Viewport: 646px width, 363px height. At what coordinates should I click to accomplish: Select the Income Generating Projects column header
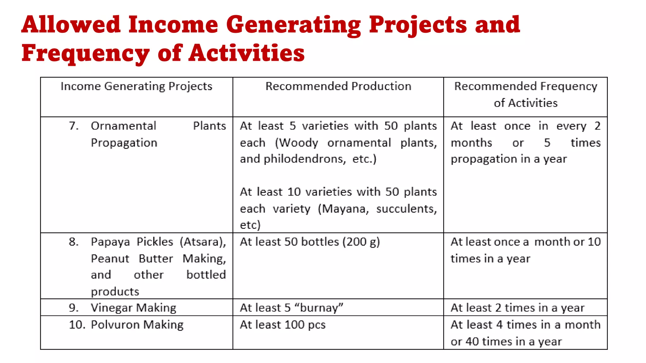point(136,86)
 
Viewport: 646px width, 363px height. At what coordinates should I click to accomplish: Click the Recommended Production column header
point(338,86)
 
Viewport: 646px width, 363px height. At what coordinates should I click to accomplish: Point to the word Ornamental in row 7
point(123,126)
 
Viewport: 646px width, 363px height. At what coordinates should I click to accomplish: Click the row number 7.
point(73,126)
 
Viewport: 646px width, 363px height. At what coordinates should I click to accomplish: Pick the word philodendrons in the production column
point(303,159)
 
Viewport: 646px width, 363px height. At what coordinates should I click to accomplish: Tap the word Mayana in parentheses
point(343,209)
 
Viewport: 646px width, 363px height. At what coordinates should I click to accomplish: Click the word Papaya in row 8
point(110,242)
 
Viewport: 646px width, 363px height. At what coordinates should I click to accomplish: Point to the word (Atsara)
point(203,242)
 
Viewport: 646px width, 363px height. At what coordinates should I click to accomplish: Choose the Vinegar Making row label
point(133,308)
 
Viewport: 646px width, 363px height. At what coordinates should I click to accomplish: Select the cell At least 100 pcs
point(283,325)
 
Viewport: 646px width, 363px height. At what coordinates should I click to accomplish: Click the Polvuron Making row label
point(137,325)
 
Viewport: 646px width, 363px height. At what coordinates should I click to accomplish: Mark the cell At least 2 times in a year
point(517,308)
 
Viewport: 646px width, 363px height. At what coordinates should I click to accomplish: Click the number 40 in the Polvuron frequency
point(472,342)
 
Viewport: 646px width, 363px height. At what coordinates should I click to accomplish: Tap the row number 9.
point(73,308)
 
